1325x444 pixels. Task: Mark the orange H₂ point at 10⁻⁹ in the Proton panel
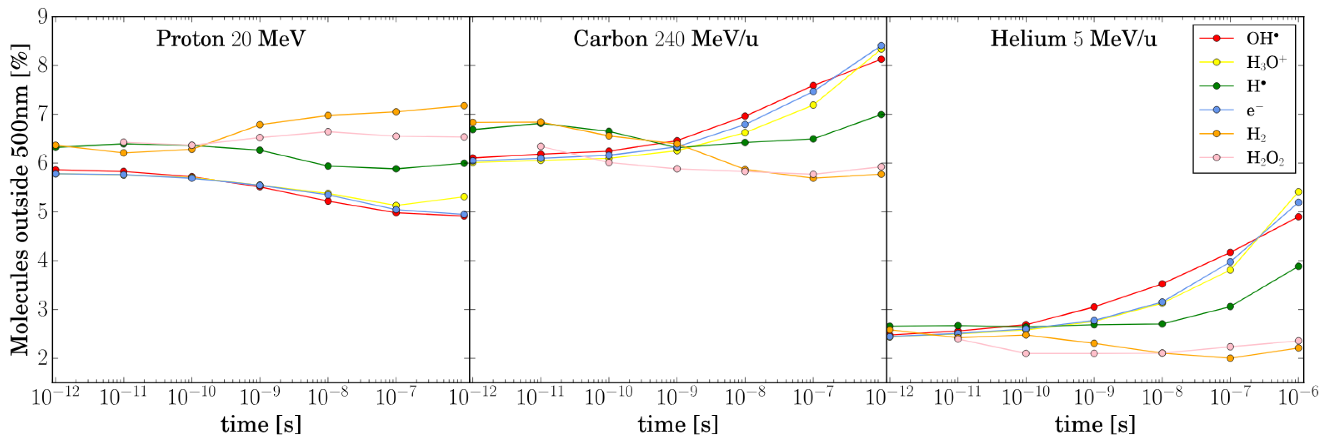[x=260, y=124]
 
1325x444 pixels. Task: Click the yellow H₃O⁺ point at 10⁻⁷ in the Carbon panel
[x=813, y=105]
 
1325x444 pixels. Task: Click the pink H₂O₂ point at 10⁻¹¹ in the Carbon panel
[x=540, y=146]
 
